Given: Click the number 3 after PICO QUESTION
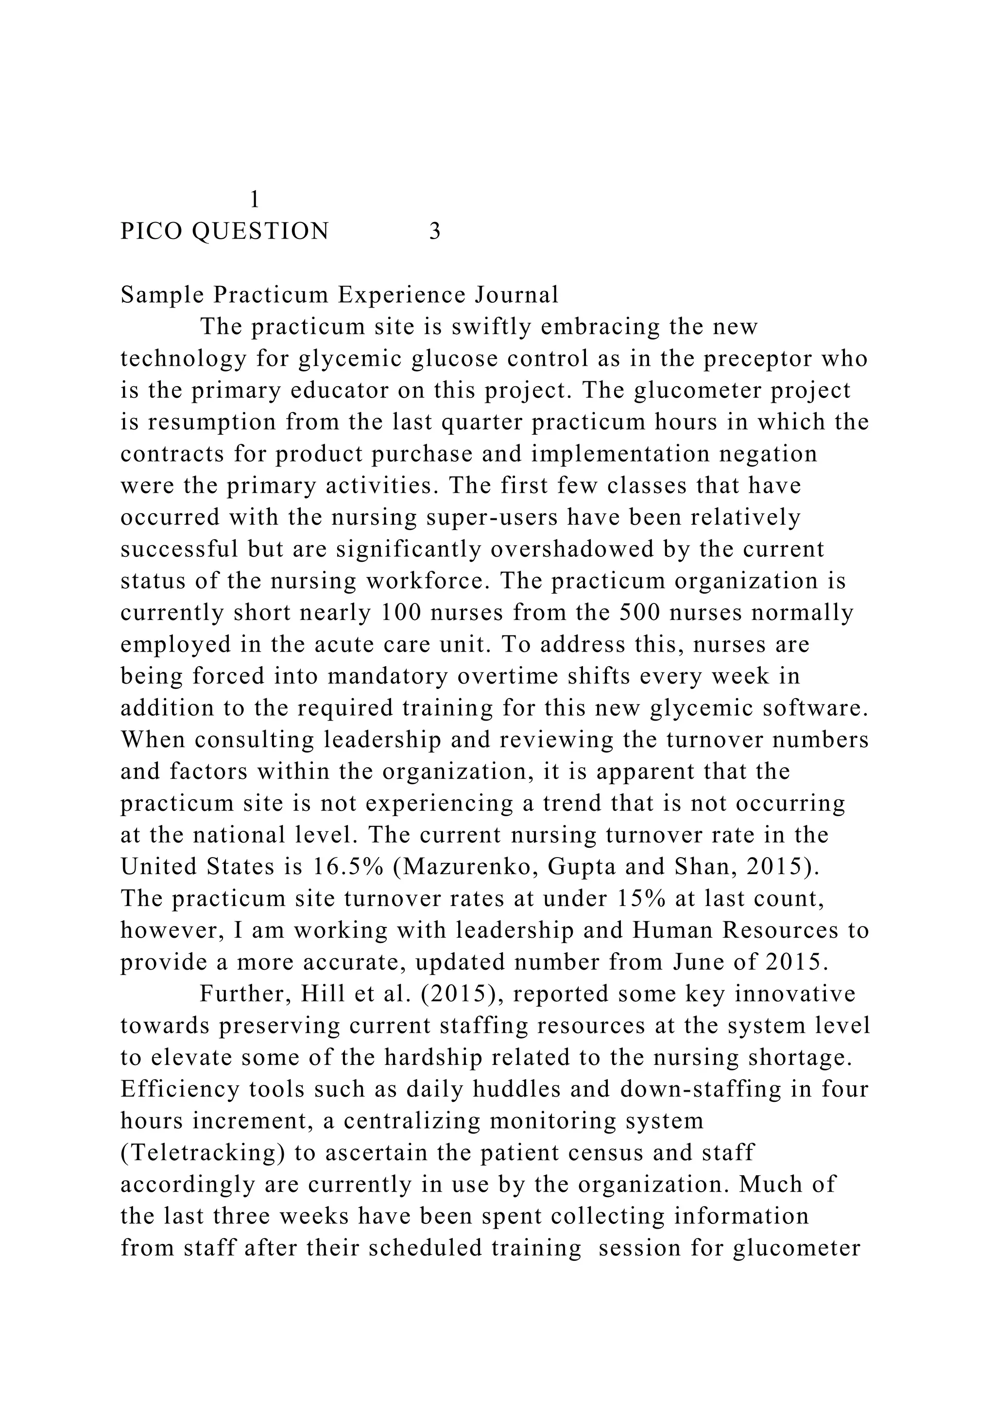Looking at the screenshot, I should click(x=434, y=232).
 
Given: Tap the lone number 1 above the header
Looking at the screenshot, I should click(x=255, y=200).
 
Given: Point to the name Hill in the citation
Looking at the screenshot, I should click(x=315, y=995).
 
